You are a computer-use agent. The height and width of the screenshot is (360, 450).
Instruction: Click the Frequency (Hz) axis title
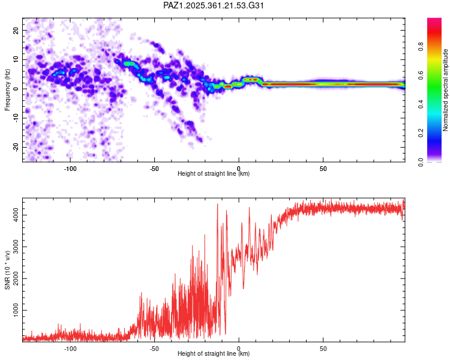[7, 89]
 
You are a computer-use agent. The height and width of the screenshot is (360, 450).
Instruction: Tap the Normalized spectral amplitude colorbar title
[446, 89]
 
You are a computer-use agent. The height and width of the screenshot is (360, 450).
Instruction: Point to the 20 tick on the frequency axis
[17, 30]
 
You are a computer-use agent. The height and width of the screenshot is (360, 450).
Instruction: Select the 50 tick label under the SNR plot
[323, 348]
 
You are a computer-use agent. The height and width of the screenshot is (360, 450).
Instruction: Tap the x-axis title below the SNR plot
[214, 355]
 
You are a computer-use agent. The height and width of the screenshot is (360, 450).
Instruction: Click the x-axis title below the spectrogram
[214, 174]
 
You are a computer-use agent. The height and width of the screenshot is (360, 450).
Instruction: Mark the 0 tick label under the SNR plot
[239, 348]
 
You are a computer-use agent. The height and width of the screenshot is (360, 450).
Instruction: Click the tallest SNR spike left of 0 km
[217, 205]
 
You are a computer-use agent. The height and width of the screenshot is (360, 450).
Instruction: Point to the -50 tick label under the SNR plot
[154, 348]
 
